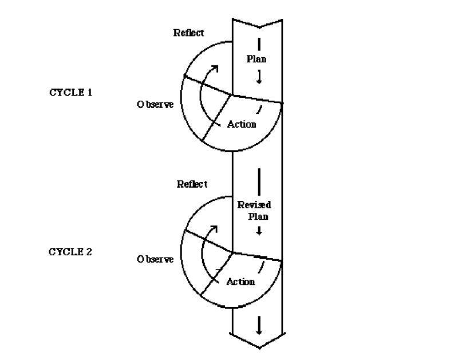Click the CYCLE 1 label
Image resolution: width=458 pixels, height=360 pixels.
click(x=70, y=93)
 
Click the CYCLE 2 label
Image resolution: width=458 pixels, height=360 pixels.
click(x=70, y=252)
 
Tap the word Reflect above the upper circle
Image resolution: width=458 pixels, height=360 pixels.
click(x=189, y=33)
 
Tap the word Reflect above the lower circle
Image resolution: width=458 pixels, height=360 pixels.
click(x=192, y=184)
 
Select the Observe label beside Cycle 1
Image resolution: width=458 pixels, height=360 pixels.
click(x=155, y=104)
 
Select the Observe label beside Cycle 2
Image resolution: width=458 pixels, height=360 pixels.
click(x=155, y=259)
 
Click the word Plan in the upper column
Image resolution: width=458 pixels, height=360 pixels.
click(x=256, y=59)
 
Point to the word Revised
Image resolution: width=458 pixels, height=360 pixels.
click(x=254, y=205)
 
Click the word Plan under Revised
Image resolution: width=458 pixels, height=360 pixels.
click(x=258, y=216)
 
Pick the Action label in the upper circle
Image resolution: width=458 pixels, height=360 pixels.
click(x=242, y=124)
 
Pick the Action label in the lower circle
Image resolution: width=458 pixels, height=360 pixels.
click(x=240, y=282)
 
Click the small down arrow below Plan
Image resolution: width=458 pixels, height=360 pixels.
click(x=259, y=77)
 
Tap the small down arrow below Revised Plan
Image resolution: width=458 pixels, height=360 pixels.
click(x=259, y=231)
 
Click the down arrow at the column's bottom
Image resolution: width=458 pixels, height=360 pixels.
click(x=259, y=326)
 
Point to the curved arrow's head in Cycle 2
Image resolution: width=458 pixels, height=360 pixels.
click(x=215, y=228)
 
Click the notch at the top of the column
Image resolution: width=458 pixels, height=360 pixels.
click(x=259, y=27)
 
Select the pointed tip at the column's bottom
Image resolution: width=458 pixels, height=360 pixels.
click(x=259, y=348)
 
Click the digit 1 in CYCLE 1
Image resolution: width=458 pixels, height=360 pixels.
click(x=90, y=93)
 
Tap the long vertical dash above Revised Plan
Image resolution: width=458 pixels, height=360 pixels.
click(x=259, y=181)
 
